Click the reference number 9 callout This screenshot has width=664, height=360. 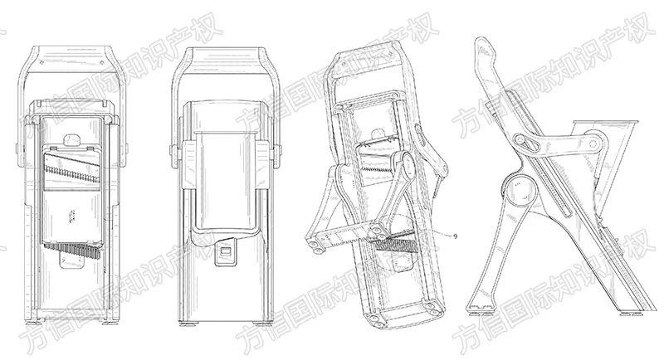point(454,236)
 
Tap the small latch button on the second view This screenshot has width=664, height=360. point(224,253)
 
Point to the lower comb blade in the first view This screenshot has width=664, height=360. point(72,250)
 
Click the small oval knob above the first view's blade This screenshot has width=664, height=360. point(72,139)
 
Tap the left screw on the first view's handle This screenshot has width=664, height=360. point(43,62)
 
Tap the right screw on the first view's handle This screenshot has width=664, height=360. point(102,62)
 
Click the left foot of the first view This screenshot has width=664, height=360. point(41,322)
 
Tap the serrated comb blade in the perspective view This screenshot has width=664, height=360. point(396,246)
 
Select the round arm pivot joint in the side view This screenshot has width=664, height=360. point(593,144)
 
